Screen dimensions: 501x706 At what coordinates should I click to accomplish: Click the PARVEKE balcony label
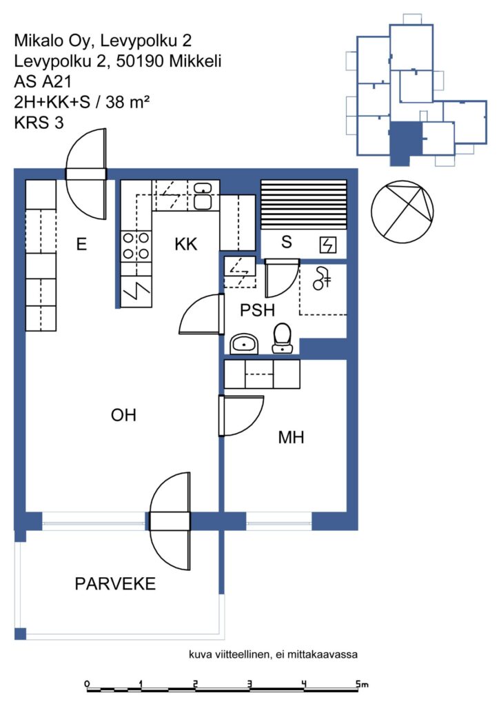pyautogui.click(x=115, y=583)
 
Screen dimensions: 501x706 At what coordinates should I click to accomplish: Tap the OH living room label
pyautogui.click(x=123, y=414)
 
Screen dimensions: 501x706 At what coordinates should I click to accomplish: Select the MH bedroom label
pyautogui.click(x=291, y=436)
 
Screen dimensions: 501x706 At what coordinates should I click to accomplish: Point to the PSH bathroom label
pyautogui.click(x=257, y=310)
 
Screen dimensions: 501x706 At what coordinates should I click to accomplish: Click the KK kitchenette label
pyautogui.click(x=186, y=244)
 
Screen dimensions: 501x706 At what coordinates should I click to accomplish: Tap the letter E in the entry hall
pyautogui.click(x=81, y=244)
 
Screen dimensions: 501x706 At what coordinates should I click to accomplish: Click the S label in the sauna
pyautogui.click(x=286, y=242)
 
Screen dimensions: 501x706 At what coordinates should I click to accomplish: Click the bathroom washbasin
pyautogui.click(x=245, y=345)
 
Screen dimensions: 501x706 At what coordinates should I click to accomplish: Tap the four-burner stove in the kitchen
pyautogui.click(x=136, y=246)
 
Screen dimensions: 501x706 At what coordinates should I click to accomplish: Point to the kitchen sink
pyautogui.click(x=203, y=196)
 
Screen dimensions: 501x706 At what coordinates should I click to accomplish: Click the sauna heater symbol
pyautogui.click(x=328, y=245)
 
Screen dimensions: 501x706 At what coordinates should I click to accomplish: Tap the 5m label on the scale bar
pyautogui.click(x=362, y=685)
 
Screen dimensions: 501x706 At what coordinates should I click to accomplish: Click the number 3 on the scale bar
pyautogui.click(x=249, y=684)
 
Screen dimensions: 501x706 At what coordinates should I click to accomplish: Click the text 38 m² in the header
pyautogui.click(x=127, y=102)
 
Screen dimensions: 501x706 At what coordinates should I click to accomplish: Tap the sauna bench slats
pyautogui.click(x=304, y=205)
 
